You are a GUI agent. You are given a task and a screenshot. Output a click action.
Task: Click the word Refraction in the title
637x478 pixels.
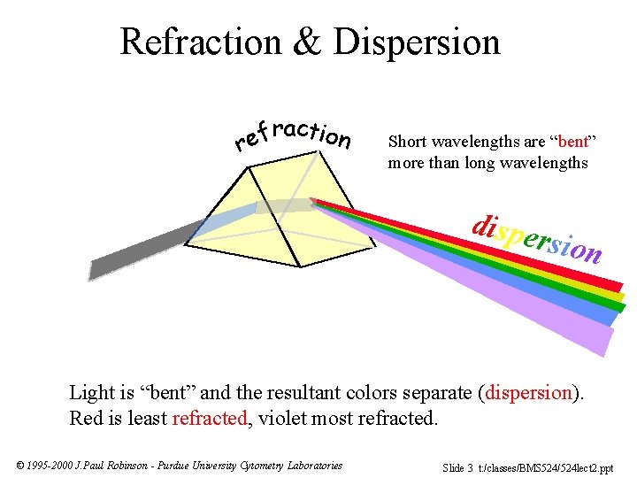[200, 42]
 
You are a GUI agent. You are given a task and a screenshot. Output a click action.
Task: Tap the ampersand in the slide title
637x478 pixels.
[309, 42]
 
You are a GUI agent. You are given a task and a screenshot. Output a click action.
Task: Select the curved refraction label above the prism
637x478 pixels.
[292, 135]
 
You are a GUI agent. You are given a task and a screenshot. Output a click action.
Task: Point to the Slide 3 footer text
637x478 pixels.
[457, 466]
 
